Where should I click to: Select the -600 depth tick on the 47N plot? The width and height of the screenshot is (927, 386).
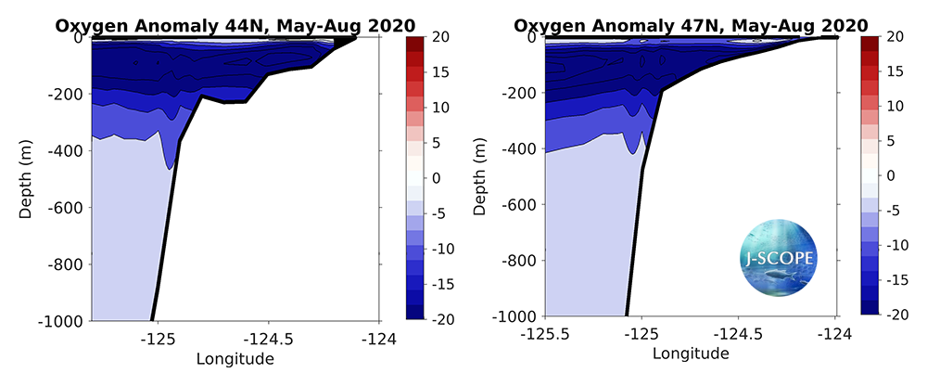(519, 204)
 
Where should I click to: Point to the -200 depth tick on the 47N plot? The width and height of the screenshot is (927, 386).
(519, 93)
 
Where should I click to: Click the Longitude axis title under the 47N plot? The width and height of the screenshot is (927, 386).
(691, 354)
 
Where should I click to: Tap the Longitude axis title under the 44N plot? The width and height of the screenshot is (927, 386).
(235, 358)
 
